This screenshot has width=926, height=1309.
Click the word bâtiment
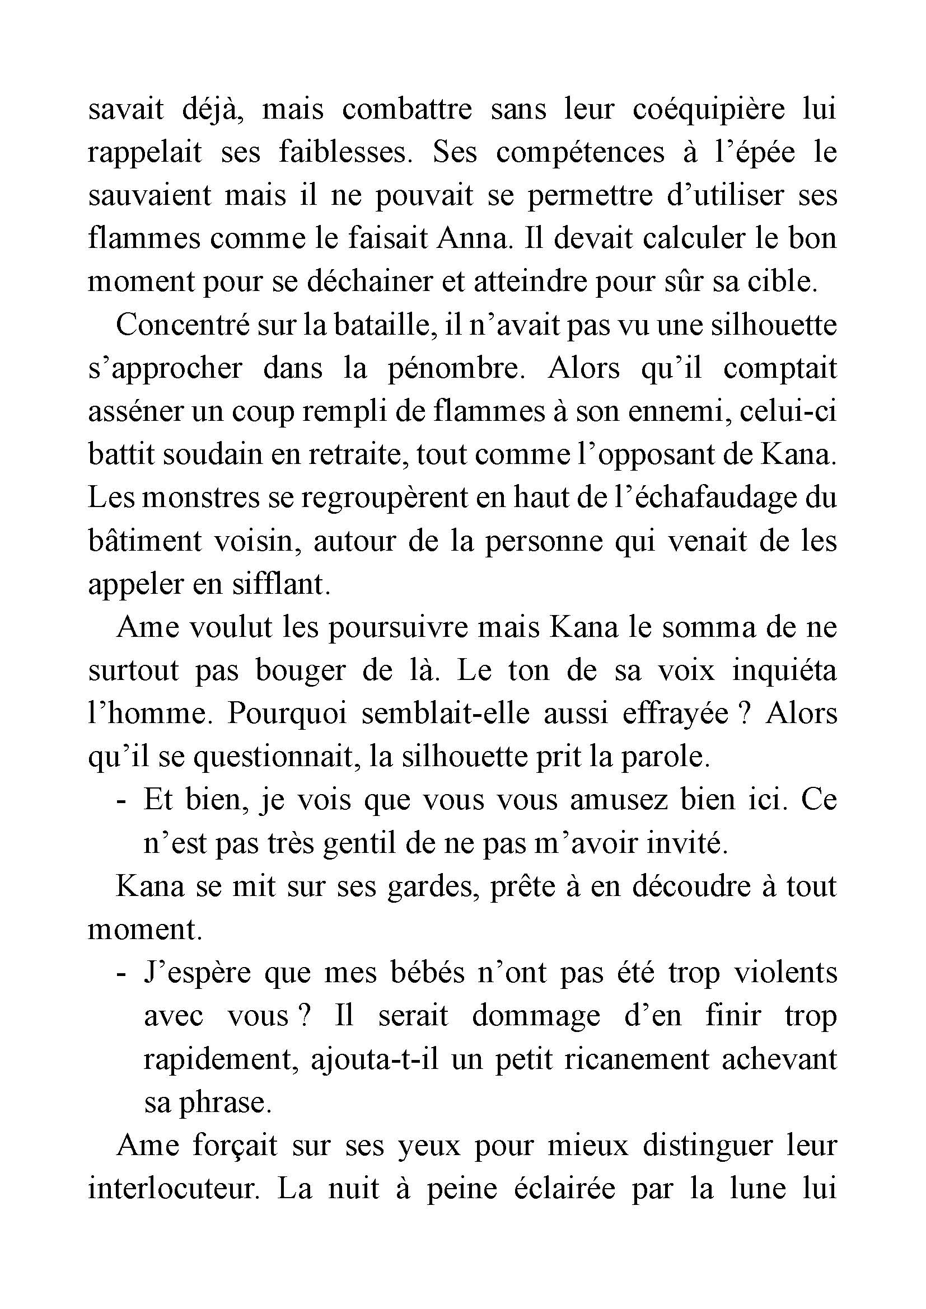pos(144,541)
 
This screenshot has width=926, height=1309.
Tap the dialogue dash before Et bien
pos(120,801)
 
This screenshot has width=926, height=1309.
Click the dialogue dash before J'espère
pos(120,973)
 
